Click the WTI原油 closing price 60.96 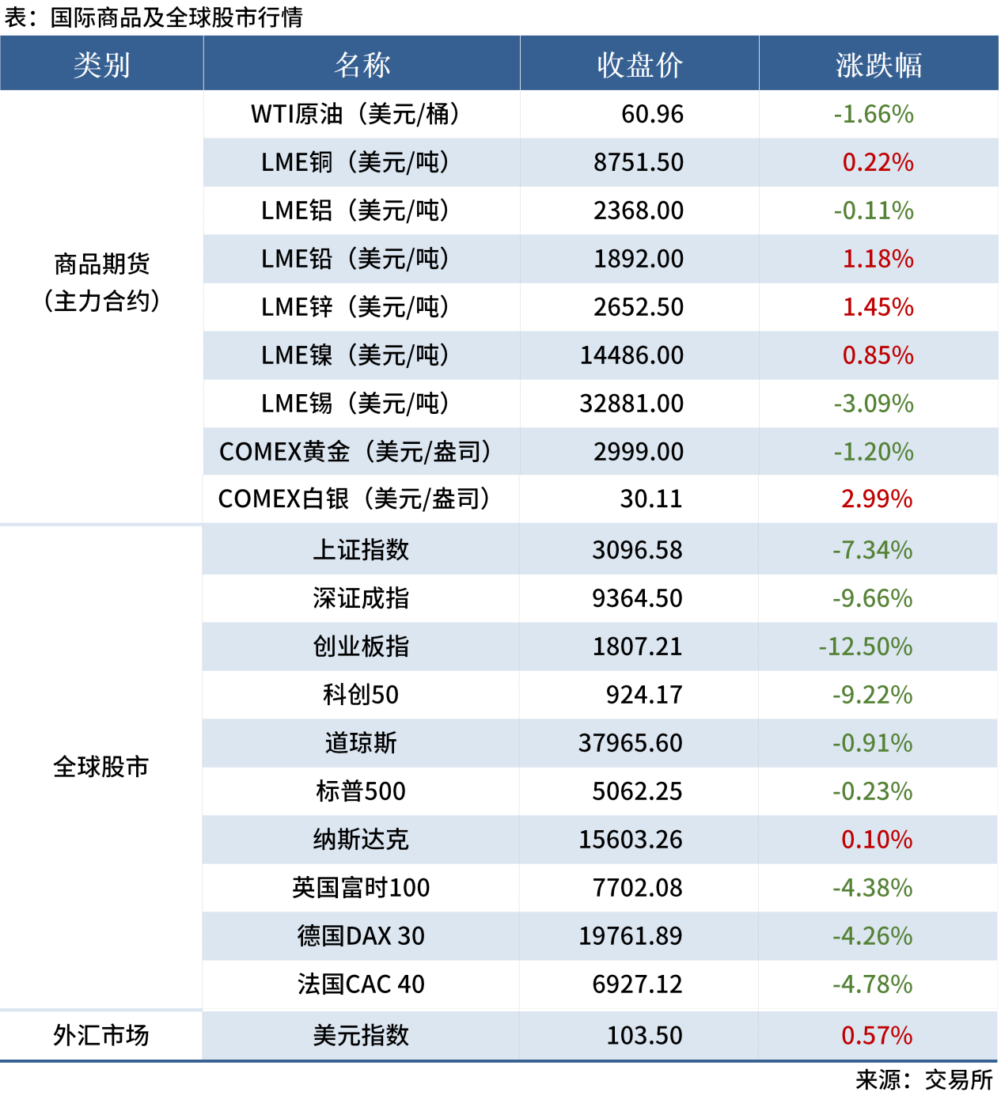point(652,115)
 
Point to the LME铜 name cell point(355,163)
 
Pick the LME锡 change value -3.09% point(874,404)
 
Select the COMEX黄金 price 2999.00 point(639,452)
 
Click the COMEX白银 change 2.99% point(877,499)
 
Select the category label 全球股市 point(101,767)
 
